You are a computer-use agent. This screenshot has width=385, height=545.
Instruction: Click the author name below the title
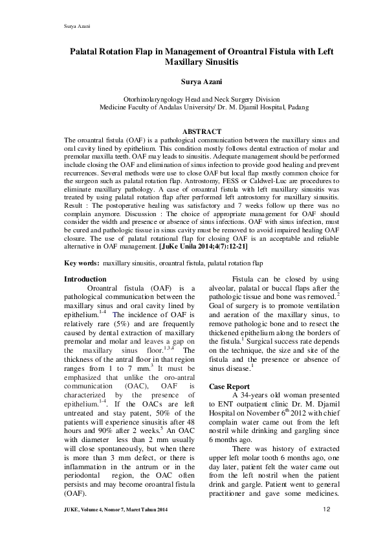(192, 83)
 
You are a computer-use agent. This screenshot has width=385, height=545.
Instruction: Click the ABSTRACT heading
(192, 131)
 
